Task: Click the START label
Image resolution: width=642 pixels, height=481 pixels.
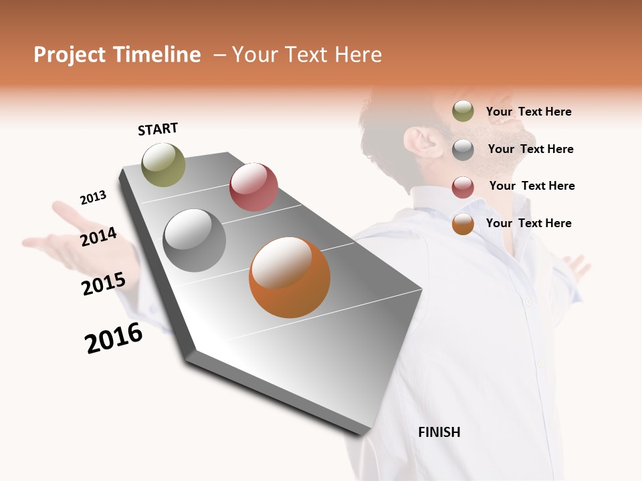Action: (158, 129)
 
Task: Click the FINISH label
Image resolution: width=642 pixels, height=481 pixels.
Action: (439, 432)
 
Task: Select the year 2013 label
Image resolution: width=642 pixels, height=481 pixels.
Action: (93, 198)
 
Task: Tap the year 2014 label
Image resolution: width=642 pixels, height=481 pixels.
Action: (98, 236)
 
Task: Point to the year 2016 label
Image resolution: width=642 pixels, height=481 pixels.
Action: (114, 338)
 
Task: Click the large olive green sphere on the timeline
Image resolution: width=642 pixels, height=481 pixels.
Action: (164, 164)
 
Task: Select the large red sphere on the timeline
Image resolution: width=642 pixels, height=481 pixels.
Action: (253, 187)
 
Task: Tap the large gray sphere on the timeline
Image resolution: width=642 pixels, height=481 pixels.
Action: (194, 240)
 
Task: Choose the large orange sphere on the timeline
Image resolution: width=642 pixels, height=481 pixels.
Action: (289, 277)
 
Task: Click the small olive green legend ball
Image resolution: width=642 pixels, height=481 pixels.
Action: (463, 111)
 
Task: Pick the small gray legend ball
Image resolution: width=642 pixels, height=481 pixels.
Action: (463, 149)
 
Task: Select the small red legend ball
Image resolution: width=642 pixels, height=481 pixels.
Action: (463, 187)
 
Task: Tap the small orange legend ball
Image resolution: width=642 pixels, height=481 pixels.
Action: (463, 224)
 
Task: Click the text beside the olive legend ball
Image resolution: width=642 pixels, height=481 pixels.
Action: (528, 112)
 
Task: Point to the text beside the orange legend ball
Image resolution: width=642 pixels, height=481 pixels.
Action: (528, 223)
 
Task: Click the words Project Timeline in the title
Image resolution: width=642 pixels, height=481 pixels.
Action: (117, 55)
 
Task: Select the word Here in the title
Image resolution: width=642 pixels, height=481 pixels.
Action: (357, 55)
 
